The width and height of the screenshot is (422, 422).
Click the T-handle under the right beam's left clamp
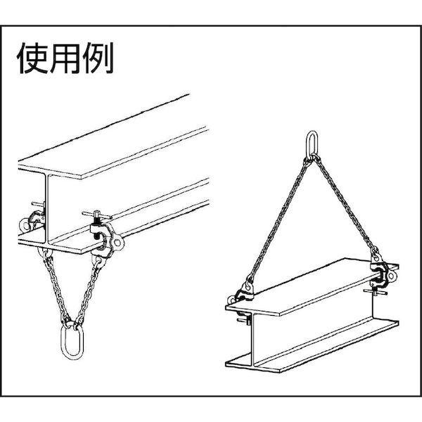point(245,321)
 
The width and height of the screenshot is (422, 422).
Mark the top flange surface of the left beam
point(113,155)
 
